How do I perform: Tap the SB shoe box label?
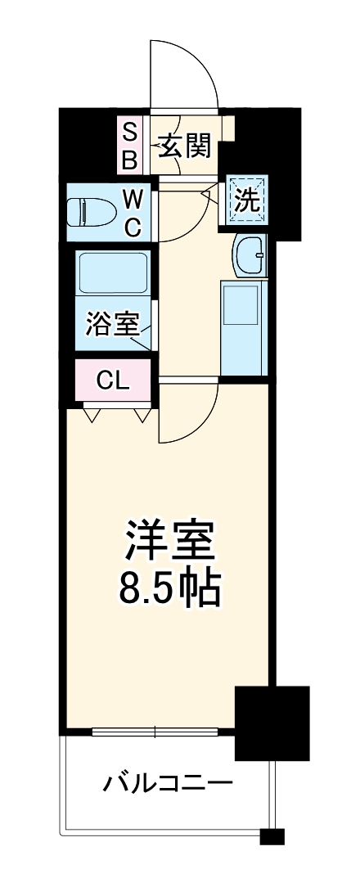(x=130, y=145)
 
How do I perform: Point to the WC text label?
(x=133, y=212)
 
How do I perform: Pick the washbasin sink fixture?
(x=249, y=255)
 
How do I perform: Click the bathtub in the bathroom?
(x=112, y=275)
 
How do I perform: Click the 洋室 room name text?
(x=169, y=538)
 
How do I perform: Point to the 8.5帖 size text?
(x=169, y=587)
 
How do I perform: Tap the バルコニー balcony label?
(x=168, y=783)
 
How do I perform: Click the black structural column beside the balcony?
(x=272, y=723)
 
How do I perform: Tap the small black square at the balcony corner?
(x=272, y=837)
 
